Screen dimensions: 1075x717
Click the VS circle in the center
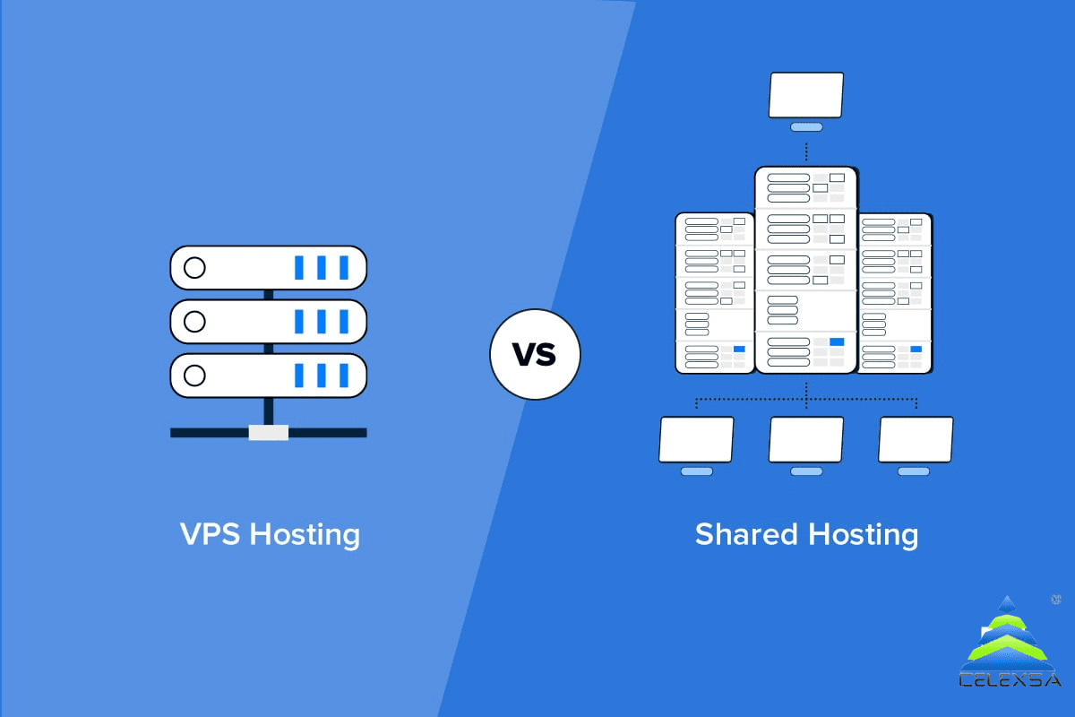(x=535, y=354)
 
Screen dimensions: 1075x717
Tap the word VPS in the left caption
(x=210, y=533)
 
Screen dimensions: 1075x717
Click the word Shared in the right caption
(x=746, y=533)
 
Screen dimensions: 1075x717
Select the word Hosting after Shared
(x=864, y=535)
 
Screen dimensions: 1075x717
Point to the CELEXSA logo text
(x=1010, y=680)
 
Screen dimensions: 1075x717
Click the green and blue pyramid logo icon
(x=1007, y=633)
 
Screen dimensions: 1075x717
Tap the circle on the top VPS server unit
(x=194, y=267)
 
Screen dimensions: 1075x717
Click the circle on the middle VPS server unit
(x=194, y=321)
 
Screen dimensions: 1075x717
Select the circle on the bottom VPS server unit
(x=194, y=375)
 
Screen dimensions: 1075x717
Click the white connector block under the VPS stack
(x=268, y=433)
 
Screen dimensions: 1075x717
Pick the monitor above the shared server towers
(x=806, y=101)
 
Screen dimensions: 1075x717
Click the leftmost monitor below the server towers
(x=696, y=445)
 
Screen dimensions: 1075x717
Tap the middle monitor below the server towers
(x=806, y=445)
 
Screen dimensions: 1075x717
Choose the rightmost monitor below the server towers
(x=916, y=445)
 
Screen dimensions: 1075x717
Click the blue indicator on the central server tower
(x=837, y=342)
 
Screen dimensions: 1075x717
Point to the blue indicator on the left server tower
(x=739, y=350)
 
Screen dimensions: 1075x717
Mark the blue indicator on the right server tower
(x=916, y=350)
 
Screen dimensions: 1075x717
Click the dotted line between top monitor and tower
(x=806, y=151)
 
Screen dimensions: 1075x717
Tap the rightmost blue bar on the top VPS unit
(x=344, y=267)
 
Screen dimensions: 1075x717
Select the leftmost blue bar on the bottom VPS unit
(x=298, y=375)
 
